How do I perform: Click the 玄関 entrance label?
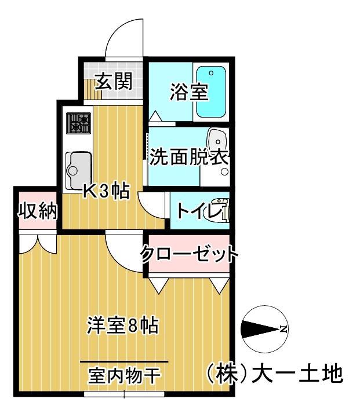pos(112,82)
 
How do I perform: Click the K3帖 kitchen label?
pos(106,192)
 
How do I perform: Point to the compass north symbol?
pos(265,330)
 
